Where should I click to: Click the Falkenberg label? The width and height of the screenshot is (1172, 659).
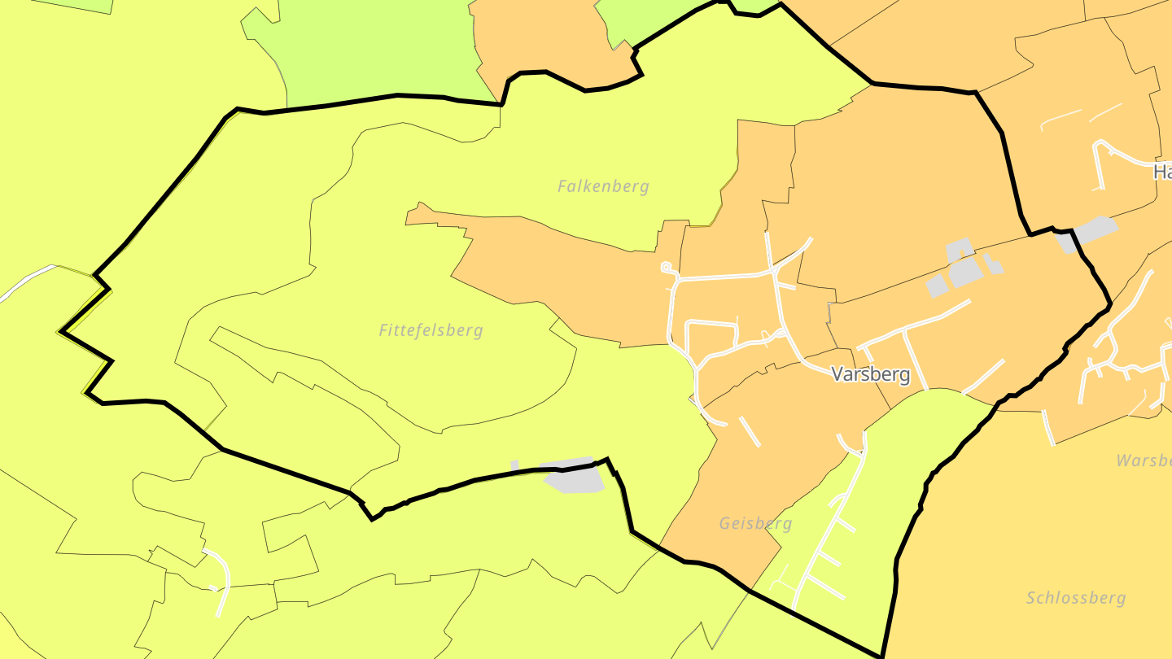[603, 186]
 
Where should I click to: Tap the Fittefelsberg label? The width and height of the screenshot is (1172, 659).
[431, 330]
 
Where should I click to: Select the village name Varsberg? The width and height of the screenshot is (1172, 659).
[869, 374]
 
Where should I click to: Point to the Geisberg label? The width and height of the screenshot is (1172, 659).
[755, 523]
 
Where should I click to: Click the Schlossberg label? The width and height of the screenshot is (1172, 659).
[1076, 598]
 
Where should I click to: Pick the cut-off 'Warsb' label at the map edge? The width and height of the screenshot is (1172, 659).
[1144, 460]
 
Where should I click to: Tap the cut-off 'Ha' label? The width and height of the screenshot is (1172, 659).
[1162, 172]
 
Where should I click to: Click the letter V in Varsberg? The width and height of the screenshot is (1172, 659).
[837, 374]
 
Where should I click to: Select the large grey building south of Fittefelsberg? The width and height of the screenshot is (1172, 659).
[573, 475]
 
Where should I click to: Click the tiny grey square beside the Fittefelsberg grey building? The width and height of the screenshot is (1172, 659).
[514, 465]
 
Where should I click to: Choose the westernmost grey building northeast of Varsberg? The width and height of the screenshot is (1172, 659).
[937, 286]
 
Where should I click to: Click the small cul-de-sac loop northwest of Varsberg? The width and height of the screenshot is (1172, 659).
[666, 266]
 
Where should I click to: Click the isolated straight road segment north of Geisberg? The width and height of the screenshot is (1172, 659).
[750, 431]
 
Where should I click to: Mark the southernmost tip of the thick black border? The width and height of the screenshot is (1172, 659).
[881, 655]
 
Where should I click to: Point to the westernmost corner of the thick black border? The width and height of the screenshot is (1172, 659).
[62, 331]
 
